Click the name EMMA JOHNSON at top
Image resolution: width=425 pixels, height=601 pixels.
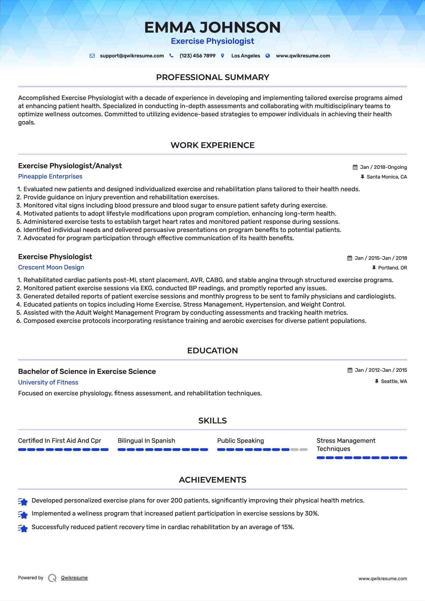[x=212, y=27]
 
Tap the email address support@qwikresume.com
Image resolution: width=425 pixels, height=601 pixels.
[x=132, y=56]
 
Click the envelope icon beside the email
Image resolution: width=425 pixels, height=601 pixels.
[x=92, y=56]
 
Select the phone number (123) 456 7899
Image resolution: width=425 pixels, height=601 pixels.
[x=197, y=56]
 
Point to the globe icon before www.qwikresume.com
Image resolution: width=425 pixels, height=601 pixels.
[x=268, y=56]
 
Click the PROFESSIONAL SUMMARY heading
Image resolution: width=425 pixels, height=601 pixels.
[x=212, y=77]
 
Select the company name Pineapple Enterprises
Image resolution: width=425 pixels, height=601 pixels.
[x=50, y=176]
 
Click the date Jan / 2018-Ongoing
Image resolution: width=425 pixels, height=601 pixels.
[x=383, y=167]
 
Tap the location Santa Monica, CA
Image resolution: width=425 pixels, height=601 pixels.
[x=387, y=177]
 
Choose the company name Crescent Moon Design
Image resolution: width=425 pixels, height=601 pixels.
[x=51, y=267]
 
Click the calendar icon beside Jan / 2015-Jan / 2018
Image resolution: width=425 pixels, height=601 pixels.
[x=349, y=258]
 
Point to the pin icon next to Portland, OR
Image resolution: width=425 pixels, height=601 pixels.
[x=374, y=268]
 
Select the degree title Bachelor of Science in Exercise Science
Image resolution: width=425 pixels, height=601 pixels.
[x=87, y=371]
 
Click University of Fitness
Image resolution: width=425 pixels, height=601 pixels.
[x=48, y=382]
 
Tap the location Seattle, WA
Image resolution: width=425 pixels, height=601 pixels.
[x=394, y=381]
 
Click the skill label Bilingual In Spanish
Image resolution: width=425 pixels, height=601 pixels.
[x=146, y=441]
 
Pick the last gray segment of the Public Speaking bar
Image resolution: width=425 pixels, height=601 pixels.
[x=304, y=450]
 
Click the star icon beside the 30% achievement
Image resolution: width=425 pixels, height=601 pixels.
[x=23, y=514]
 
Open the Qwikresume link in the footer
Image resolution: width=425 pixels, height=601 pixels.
[x=74, y=578]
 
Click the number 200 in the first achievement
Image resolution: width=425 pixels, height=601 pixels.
[x=176, y=500]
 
